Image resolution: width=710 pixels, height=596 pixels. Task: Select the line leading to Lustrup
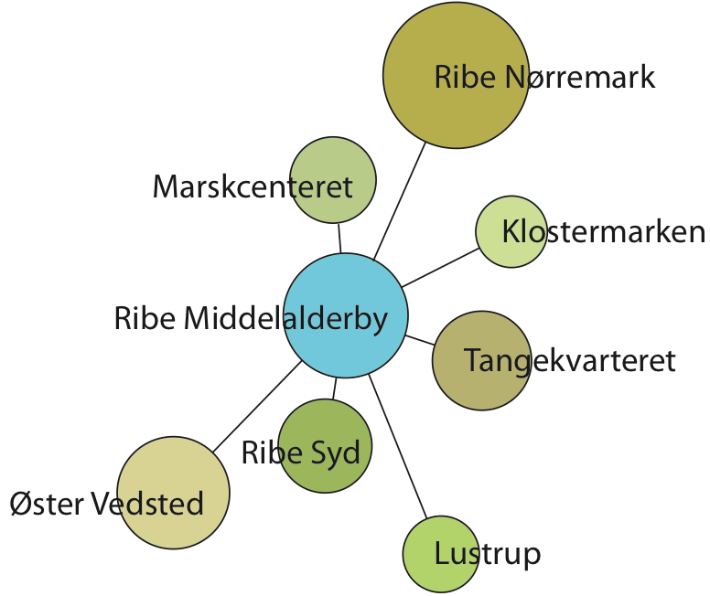click(399, 448)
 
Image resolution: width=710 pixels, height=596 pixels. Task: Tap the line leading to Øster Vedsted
click(258, 405)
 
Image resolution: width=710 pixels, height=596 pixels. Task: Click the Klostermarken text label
click(604, 232)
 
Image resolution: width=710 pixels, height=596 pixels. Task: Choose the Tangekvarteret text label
click(569, 361)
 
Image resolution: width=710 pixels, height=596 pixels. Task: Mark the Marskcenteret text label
click(253, 187)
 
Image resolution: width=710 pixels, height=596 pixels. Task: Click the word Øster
click(46, 503)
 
